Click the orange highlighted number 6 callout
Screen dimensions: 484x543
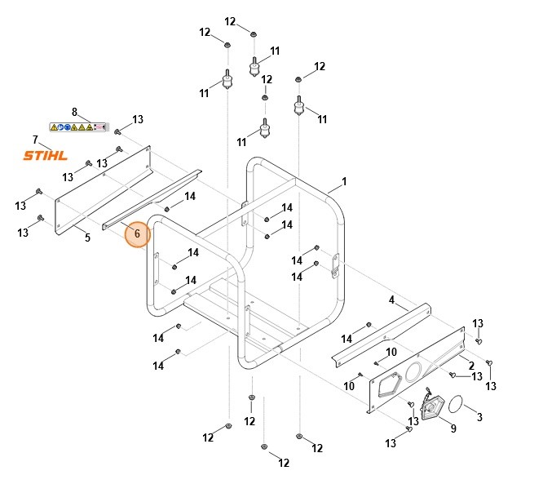137,233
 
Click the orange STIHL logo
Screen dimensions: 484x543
46,156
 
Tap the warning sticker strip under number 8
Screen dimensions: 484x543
78,127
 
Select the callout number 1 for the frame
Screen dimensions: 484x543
344,181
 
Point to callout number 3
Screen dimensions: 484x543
479,417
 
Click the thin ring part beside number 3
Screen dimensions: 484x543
458,403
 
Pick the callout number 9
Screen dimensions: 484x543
453,428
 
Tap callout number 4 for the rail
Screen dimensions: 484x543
392,300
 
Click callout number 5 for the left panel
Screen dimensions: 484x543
87,238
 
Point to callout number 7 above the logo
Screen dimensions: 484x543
35,140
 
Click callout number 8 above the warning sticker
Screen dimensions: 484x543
74,112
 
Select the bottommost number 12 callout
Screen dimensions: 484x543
283,464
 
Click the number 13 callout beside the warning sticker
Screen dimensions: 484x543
138,120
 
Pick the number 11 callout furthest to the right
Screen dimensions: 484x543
322,119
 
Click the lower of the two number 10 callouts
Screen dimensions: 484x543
349,385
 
